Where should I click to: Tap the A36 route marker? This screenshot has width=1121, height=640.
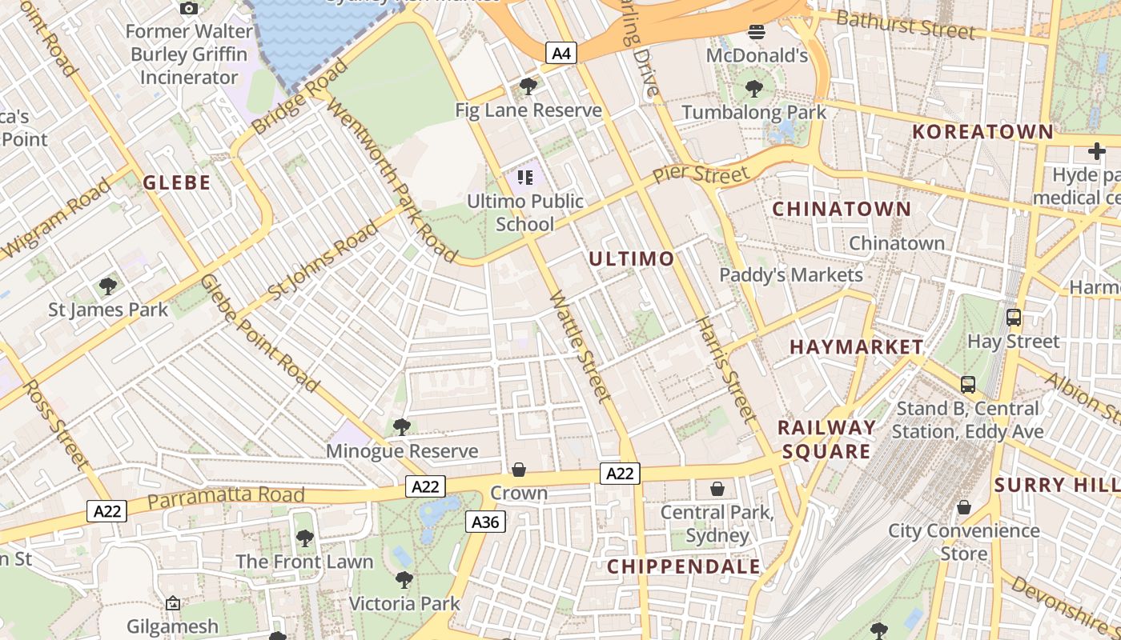(485, 522)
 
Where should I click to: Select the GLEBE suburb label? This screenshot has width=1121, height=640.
(177, 182)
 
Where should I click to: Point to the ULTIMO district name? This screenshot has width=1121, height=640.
(632, 259)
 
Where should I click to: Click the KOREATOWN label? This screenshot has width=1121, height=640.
(983, 132)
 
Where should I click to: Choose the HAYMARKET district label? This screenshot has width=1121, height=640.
(856, 347)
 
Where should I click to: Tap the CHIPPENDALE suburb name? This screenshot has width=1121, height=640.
(683, 566)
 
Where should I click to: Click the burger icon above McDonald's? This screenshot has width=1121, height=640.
(757, 32)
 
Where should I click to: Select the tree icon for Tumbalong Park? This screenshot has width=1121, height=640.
(753, 88)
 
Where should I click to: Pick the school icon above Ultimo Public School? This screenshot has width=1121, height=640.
(525, 177)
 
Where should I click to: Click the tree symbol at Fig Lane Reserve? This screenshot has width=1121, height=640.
(528, 86)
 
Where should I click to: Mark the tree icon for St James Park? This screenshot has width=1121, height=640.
(108, 286)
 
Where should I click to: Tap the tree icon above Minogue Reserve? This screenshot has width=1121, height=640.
(402, 427)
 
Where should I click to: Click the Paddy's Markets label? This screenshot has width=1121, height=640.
(791, 275)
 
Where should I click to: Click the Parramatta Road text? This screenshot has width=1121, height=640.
(227, 498)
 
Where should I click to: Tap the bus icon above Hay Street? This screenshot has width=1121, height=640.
(1014, 318)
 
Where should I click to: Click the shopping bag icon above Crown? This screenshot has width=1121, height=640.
(519, 470)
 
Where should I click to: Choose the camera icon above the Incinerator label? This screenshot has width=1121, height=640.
(189, 9)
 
